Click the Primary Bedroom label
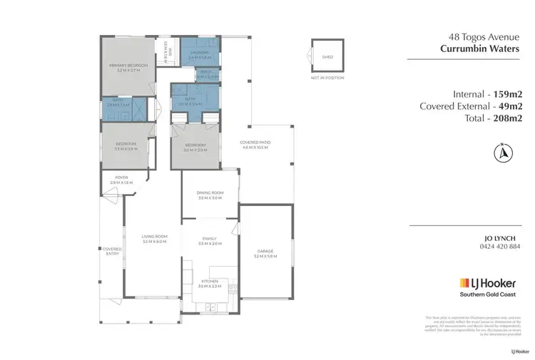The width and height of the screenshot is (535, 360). (128, 66)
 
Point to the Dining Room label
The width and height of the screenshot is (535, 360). (210, 193)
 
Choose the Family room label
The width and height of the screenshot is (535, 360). (209, 240)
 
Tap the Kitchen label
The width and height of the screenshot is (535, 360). (209, 281)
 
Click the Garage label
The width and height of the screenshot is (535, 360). (265, 252)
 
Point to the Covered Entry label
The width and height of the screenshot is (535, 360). (112, 251)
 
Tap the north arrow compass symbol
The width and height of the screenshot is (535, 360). (503, 152)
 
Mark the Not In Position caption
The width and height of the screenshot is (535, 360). (327, 77)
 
